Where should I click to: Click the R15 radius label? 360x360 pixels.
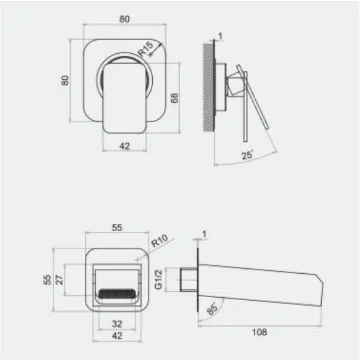point(146,49)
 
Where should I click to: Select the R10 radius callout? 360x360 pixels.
point(160,241)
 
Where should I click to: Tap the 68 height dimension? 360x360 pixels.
point(174,98)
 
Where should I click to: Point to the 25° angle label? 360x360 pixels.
point(247,155)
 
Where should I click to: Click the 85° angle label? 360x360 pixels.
point(211,308)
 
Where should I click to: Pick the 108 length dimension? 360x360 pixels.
point(259,332)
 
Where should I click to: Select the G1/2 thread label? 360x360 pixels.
point(158,279)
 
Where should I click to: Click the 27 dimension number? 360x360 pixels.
point(59,280)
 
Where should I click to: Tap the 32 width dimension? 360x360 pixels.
point(117,323)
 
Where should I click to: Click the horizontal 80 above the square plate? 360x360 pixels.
point(125,19)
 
